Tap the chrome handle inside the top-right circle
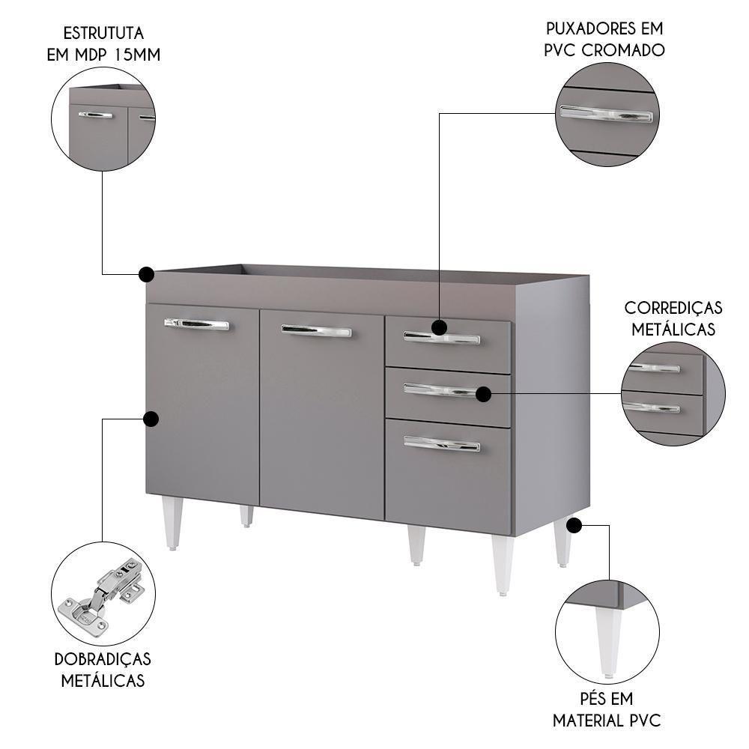tap(606, 114)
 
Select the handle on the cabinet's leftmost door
tap(196, 324)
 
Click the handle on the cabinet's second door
tap(316, 330)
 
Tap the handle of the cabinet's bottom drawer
tap(442, 443)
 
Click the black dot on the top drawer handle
tap(439, 327)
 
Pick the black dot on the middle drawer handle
tap(483, 393)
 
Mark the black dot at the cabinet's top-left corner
tap(147, 274)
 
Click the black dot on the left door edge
tap(151, 419)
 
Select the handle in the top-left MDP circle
tap(95, 115)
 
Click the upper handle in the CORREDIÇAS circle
tap(655, 368)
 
